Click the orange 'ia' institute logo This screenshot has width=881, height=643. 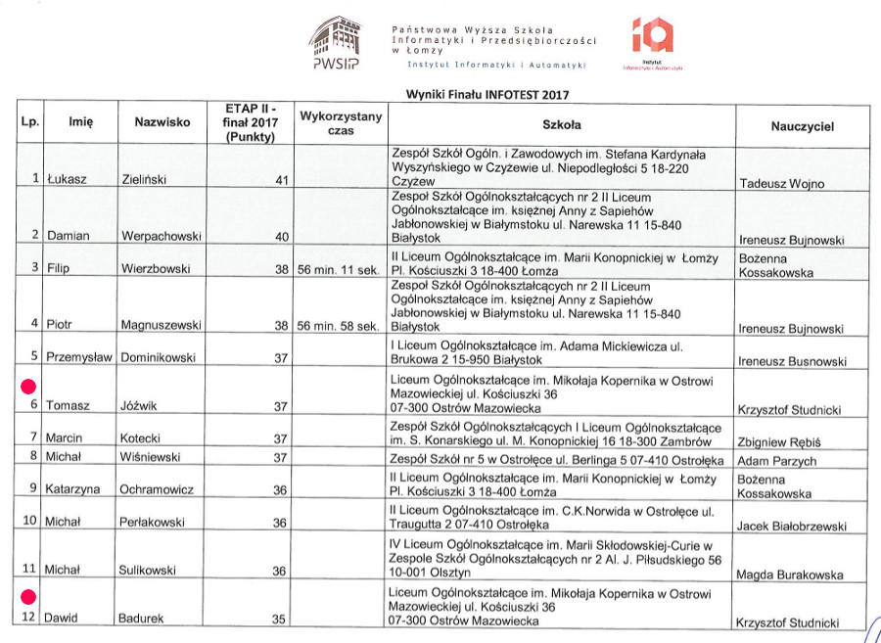tap(652, 36)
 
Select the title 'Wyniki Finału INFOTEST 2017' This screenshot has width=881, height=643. tap(487, 95)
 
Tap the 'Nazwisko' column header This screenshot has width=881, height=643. tap(162, 123)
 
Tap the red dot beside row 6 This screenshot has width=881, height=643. tap(29, 386)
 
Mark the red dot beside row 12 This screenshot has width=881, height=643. tap(29, 595)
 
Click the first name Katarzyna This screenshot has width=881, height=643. tap(76, 489)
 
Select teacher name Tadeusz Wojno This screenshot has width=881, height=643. tap(781, 184)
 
